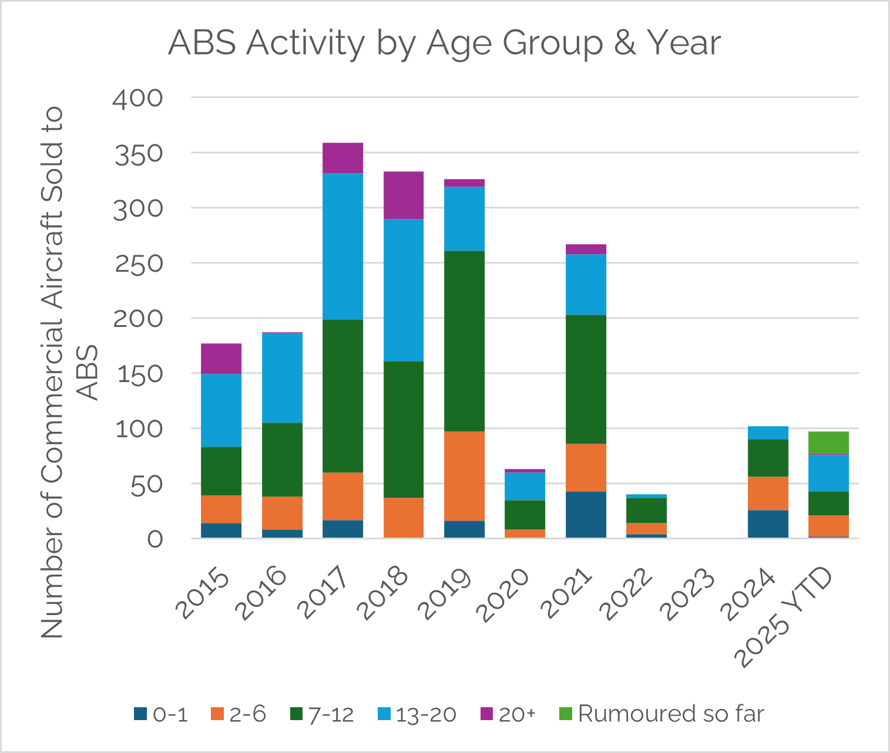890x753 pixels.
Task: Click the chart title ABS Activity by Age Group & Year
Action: [444, 43]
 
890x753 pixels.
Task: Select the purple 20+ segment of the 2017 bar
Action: [342, 158]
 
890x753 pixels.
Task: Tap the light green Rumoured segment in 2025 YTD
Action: [828, 443]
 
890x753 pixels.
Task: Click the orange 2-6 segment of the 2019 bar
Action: [464, 476]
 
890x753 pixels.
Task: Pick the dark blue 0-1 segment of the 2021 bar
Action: [586, 514]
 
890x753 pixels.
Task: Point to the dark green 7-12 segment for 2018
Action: [404, 429]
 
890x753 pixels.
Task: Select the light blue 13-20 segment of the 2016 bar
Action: [282, 378]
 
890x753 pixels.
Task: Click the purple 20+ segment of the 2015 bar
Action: [221, 359]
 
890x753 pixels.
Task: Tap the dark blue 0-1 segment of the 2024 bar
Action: [768, 524]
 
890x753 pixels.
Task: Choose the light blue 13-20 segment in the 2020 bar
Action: [525, 486]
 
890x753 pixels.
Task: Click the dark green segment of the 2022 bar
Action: [646, 510]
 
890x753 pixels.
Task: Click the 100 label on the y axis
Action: [139, 429]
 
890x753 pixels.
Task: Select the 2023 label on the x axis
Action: [689, 594]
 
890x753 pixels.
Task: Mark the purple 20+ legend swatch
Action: [486, 714]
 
